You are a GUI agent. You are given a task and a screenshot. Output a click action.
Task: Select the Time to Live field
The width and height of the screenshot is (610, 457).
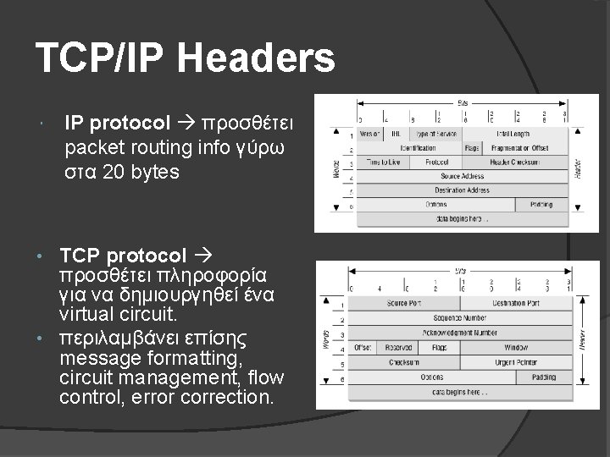384,162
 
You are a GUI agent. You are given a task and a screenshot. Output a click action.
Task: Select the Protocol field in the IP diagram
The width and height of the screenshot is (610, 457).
437,162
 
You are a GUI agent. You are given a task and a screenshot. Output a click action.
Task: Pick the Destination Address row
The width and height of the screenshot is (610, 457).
463,190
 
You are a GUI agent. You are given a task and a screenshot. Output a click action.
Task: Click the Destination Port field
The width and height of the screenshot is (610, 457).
516,303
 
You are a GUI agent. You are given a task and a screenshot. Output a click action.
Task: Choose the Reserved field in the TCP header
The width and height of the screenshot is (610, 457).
397,347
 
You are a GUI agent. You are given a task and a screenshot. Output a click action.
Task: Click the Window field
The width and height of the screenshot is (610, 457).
516,347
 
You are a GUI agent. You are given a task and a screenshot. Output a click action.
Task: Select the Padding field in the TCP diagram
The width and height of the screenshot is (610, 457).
544,377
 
